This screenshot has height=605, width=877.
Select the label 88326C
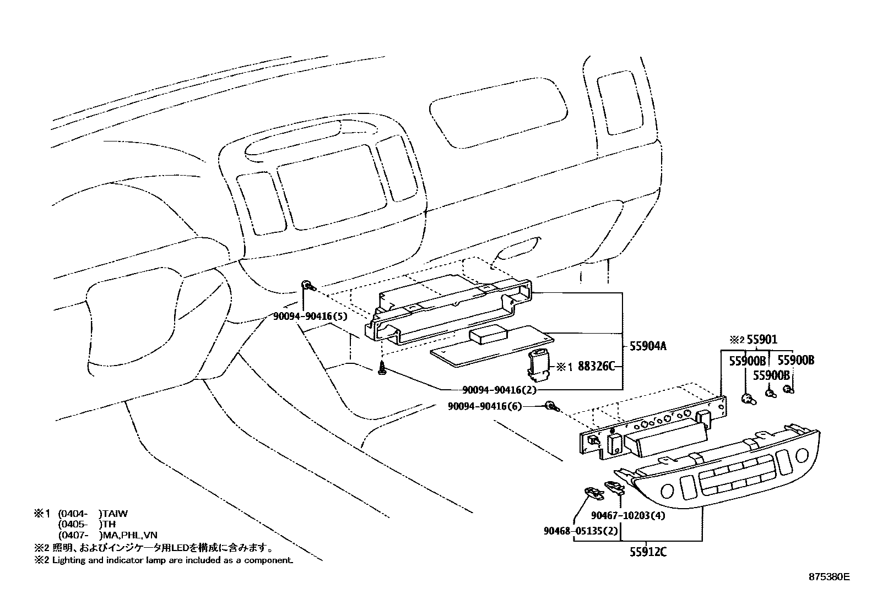coord(596,366)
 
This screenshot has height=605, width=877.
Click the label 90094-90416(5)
coord(309,317)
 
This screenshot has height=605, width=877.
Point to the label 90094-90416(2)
coord(492,390)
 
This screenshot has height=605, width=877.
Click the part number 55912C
coord(648,552)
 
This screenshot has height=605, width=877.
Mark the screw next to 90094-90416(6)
coord(551,406)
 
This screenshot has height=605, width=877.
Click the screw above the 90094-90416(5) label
coord(308,286)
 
